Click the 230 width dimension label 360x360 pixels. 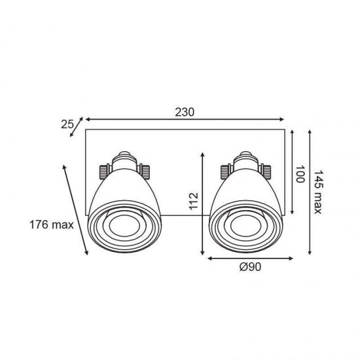coord(185,112)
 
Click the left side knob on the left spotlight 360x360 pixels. coord(103,171)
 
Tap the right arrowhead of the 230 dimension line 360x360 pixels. coord(283,120)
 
